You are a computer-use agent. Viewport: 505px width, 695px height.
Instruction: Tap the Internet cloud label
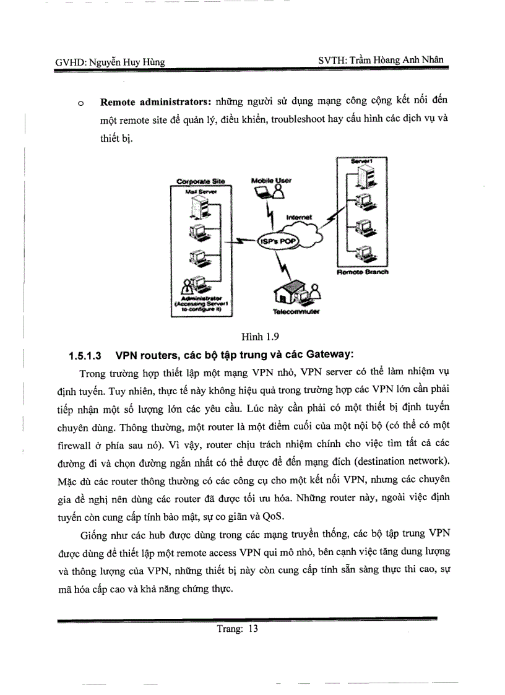(x=300, y=217)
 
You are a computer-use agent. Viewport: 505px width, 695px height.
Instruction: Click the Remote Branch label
(x=363, y=272)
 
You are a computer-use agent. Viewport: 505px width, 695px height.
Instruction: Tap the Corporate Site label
(x=201, y=181)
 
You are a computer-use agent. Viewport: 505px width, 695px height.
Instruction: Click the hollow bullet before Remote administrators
(x=80, y=103)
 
